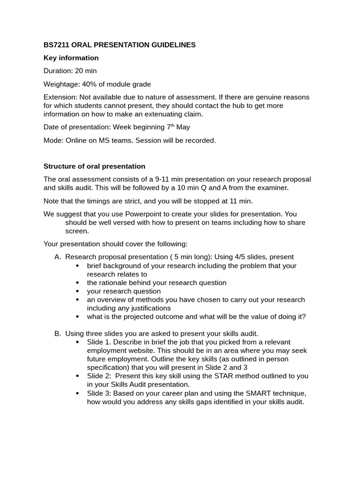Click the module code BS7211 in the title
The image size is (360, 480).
(56, 45)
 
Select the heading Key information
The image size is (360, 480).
(71, 58)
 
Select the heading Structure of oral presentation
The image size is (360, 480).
(94, 166)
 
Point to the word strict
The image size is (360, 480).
(141, 201)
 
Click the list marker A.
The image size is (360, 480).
(58, 257)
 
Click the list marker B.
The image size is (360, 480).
(58, 334)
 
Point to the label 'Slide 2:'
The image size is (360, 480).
(99, 376)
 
